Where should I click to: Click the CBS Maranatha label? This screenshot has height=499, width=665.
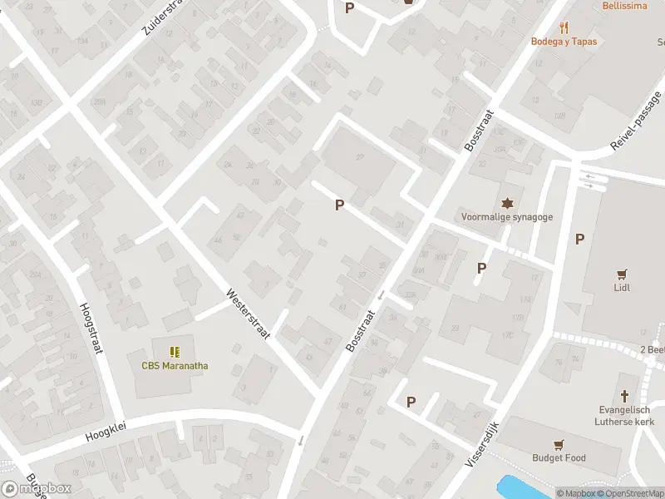pos(174,366)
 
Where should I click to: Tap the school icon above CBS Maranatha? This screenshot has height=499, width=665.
pos(175,352)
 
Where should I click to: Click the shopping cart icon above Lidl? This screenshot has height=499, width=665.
pos(621,273)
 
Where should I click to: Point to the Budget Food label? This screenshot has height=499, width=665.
pos(559,457)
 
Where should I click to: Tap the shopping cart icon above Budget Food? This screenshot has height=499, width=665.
pos(559,443)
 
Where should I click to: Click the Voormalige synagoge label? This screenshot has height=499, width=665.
pos(507,217)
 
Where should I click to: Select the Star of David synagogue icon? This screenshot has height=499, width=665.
pos(507,203)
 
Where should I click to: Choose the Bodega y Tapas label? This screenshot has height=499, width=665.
pos(564,42)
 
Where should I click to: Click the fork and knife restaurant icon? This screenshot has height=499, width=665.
pos(564,27)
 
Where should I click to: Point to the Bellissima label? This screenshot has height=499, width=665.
pos(626,6)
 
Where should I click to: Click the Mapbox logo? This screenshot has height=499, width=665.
pos(37,489)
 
